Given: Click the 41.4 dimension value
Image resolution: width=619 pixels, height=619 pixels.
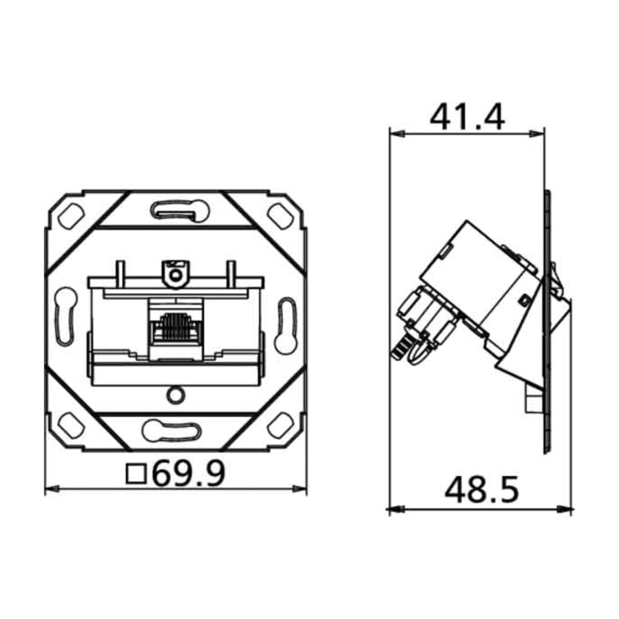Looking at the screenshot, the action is click(x=467, y=117).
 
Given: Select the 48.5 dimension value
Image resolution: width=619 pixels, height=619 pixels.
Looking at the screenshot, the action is click(x=482, y=490).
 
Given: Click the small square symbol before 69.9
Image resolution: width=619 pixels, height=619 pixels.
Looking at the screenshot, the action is click(x=136, y=474).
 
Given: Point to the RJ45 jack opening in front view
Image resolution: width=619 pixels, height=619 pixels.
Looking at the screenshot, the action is click(x=176, y=327).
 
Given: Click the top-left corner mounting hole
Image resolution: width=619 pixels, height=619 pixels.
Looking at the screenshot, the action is click(x=71, y=216).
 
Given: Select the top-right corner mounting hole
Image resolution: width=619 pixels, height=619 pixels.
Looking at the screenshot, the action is click(x=280, y=216).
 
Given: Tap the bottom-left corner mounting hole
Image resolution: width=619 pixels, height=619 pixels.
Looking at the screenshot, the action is click(x=71, y=425).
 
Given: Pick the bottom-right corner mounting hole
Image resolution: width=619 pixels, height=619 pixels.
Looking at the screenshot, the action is click(x=280, y=425).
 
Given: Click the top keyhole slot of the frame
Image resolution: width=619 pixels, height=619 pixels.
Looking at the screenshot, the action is click(x=180, y=210).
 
